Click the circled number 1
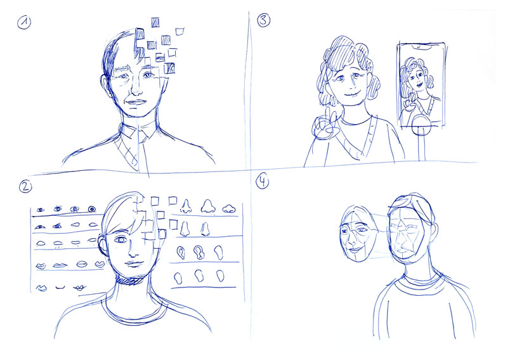click(x=24, y=23)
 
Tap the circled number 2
click(x=25, y=187)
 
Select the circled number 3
click(x=263, y=20)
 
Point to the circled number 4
click(x=263, y=182)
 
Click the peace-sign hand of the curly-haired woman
click(x=324, y=124)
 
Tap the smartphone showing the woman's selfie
click(x=422, y=84)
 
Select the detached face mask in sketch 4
click(x=358, y=234)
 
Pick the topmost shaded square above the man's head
click(x=155, y=22)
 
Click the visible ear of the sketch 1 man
click(x=105, y=85)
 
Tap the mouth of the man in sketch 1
click(x=136, y=102)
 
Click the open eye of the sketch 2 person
click(x=121, y=240)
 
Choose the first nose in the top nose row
click(x=185, y=207)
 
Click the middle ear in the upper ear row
click(x=198, y=252)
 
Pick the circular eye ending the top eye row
click(x=92, y=209)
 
